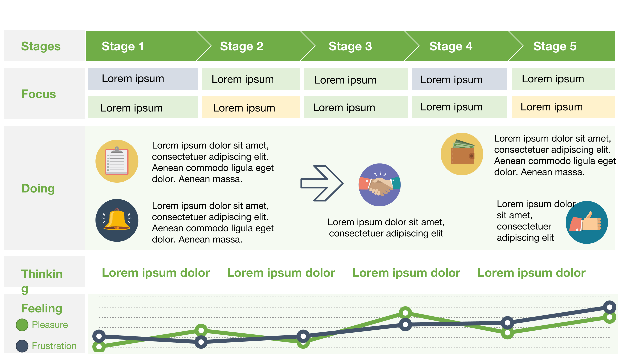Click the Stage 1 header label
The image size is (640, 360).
[123, 46]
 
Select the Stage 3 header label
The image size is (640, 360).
[350, 46]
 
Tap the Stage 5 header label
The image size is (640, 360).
[555, 46]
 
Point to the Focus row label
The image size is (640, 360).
[39, 94]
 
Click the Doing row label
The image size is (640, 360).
[38, 188]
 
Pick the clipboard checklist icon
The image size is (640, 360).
[117, 161]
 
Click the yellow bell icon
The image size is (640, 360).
[117, 220]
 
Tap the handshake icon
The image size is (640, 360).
[379, 185]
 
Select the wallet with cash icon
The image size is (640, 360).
[462, 154]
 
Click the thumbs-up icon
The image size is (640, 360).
[587, 222]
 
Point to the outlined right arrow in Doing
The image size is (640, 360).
[322, 183]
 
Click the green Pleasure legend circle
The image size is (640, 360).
[22, 325]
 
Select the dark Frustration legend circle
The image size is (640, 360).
[22, 346]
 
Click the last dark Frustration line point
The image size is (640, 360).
[609, 307]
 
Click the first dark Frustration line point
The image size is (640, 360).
[99, 336]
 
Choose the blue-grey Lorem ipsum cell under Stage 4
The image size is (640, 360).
[459, 79]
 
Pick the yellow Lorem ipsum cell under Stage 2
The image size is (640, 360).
[251, 107]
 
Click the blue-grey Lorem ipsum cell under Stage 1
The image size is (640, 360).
[143, 79]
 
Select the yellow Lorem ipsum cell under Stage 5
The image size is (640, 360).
[563, 107]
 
